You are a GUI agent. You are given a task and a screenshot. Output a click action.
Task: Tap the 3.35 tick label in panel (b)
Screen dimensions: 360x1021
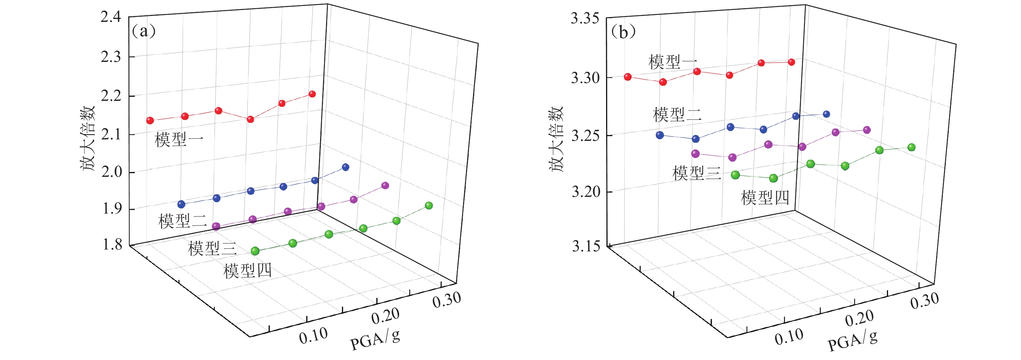pos(585,19)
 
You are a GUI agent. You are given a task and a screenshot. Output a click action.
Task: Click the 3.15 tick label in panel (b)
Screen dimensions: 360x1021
pos(586,246)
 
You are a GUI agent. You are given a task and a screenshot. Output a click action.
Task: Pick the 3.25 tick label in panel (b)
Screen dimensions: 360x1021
pos(585,136)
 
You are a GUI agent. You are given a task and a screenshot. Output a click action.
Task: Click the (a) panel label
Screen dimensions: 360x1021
pos(143,30)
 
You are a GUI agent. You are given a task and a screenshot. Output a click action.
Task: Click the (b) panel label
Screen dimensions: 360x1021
pos(623,32)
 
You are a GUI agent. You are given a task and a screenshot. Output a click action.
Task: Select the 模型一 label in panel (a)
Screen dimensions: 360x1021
pos(179,139)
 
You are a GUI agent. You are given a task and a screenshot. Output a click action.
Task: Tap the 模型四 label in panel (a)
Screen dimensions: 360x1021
pos(248,271)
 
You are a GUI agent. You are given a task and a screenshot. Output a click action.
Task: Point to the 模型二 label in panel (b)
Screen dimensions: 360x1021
pos(677,115)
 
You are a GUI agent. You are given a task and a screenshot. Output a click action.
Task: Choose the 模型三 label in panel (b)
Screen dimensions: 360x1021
pos(697,173)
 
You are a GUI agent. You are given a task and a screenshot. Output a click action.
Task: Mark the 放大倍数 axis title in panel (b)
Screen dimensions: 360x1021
pos(556,139)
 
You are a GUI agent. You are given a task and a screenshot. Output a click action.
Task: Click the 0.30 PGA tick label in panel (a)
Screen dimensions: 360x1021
pos(447,300)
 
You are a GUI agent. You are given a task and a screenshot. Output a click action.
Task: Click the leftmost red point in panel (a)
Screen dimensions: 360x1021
pos(150,120)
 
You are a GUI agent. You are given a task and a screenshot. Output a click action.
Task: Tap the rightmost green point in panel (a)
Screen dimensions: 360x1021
pos(429,205)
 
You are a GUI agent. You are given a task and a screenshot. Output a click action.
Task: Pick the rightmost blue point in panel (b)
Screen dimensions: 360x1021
pos(827,114)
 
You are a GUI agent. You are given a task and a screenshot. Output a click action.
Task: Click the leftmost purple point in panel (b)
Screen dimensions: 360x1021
pos(696,154)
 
